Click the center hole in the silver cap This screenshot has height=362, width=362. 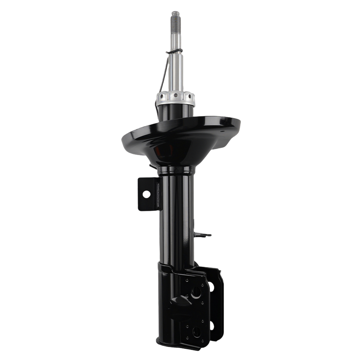pos(176,96)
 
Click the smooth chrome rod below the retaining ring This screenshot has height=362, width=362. pos(176,72)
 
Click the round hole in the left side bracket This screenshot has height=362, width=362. pos(146,194)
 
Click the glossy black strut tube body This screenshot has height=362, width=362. pos(176,217)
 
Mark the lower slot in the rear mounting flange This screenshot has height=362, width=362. pos(211,326)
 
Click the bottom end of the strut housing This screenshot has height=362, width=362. pos(170,342)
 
